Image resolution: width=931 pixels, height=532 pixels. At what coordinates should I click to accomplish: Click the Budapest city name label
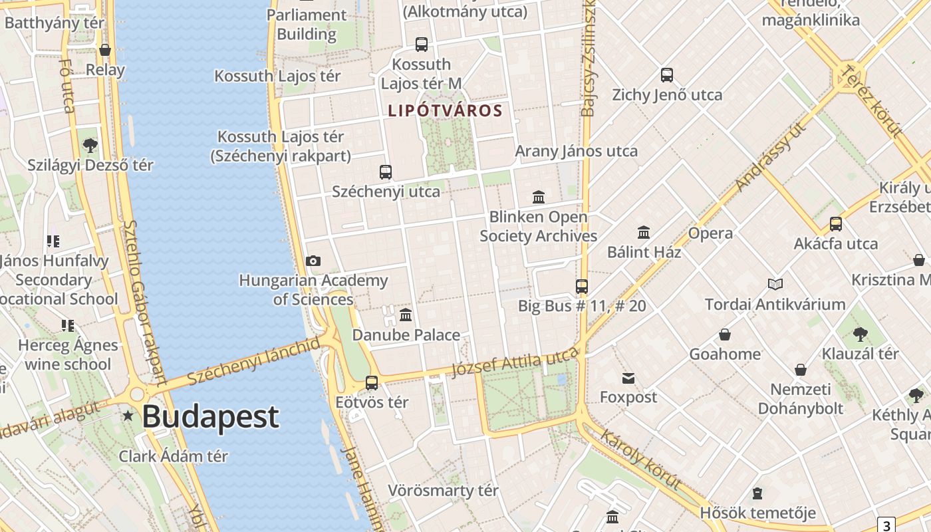tap(210, 417)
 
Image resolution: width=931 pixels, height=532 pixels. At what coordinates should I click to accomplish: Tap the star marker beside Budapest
tap(128, 416)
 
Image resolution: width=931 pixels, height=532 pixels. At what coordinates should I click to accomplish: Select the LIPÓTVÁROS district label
tap(445, 111)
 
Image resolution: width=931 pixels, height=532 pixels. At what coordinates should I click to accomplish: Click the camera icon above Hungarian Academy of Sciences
tap(313, 261)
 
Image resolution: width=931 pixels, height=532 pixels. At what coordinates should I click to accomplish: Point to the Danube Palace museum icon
tap(406, 315)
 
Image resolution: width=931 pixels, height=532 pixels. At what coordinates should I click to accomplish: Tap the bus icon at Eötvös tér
tap(372, 383)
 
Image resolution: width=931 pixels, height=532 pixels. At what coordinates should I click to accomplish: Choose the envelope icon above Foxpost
tap(628, 378)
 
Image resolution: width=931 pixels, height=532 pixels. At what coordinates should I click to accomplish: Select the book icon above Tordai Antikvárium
tap(775, 285)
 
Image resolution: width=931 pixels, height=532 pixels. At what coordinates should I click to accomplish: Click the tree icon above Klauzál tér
tap(860, 334)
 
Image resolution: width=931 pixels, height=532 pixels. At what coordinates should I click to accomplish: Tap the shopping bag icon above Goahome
tap(725, 334)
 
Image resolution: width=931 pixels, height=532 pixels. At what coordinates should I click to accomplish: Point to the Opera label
tap(710, 233)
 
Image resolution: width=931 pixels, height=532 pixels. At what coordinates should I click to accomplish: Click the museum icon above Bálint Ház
tap(644, 232)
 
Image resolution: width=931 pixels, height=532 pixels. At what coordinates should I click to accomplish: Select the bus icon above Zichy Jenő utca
tap(667, 75)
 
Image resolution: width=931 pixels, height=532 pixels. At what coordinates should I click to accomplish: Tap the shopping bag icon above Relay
tap(105, 50)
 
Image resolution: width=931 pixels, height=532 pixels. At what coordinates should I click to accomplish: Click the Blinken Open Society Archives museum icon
tap(539, 198)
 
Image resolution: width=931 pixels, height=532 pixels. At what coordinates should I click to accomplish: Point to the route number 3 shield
tap(886, 525)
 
